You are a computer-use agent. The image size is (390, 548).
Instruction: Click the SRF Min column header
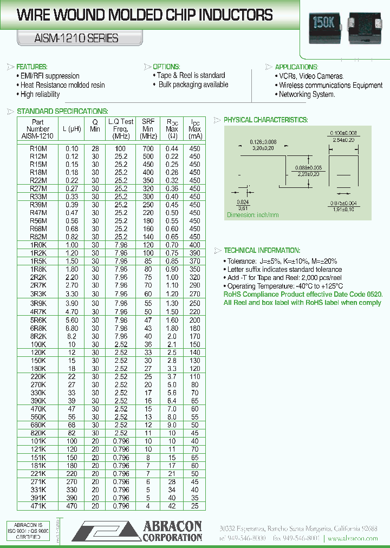(x=147, y=129)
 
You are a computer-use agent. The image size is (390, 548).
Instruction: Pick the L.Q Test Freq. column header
(x=121, y=129)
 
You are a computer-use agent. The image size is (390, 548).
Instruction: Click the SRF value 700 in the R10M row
(x=147, y=148)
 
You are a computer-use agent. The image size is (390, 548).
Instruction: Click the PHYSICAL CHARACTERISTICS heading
(x=265, y=120)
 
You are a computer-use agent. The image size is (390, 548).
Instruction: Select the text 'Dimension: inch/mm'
(x=252, y=215)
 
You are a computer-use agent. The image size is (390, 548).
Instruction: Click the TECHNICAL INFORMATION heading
(x=262, y=250)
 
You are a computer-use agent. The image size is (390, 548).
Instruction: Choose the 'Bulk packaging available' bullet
(x=193, y=84)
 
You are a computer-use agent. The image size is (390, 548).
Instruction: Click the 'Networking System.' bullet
(x=307, y=94)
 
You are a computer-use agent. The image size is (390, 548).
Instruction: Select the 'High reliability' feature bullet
(x=40, y=94)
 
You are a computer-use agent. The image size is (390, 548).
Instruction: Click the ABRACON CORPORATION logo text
(x=172, y=531)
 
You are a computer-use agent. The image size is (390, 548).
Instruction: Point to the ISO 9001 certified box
(x=28, y=531)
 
